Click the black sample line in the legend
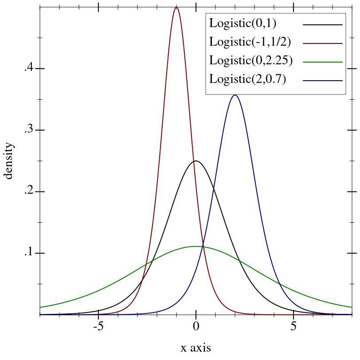(323, 25)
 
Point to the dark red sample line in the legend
(323, 43)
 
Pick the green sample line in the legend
(323, 62)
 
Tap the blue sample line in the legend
(323, 81)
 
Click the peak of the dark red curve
(176, 7)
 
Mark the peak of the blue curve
(235, 95)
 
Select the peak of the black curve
(196, 161)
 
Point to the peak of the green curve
(196, 246)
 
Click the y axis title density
(8, 160)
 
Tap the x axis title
(196, 348)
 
